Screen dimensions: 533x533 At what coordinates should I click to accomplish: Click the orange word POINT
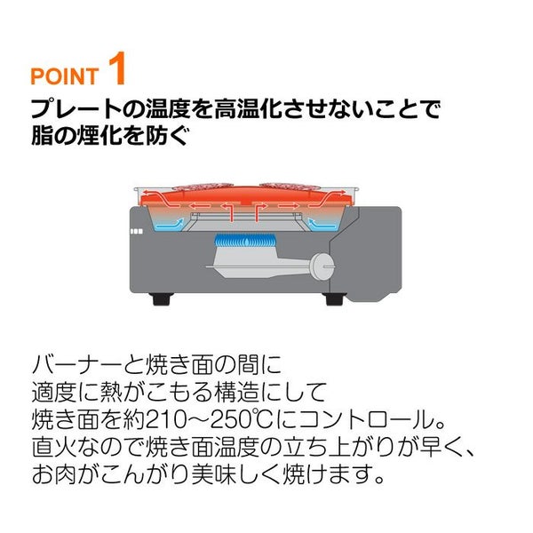click(x=65, y=76)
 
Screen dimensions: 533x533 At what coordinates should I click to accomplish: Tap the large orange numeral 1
click(x=117, y=68)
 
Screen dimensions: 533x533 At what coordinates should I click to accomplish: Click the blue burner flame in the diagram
click(x=244, y=241)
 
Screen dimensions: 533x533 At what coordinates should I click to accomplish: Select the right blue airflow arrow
click(x=322, y=224)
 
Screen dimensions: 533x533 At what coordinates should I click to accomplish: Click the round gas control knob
click(x=322, y=266)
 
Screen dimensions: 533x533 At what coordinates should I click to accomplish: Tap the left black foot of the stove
click(x=161, y=298)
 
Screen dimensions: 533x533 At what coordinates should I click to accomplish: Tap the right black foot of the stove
click(x=335, y=298)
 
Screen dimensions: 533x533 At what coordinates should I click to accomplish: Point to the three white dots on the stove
click(x=136, y=232)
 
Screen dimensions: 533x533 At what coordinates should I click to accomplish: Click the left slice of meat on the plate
click(x=203, y=187)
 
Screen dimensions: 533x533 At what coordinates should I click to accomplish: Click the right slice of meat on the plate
click(x=290, y=187)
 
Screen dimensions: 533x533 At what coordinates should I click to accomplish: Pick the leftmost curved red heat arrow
click(x=158, y=198)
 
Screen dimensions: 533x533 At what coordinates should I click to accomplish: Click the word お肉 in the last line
click(x=54, y=473)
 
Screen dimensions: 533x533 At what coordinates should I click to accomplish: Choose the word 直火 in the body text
click(x=53, y=447)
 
